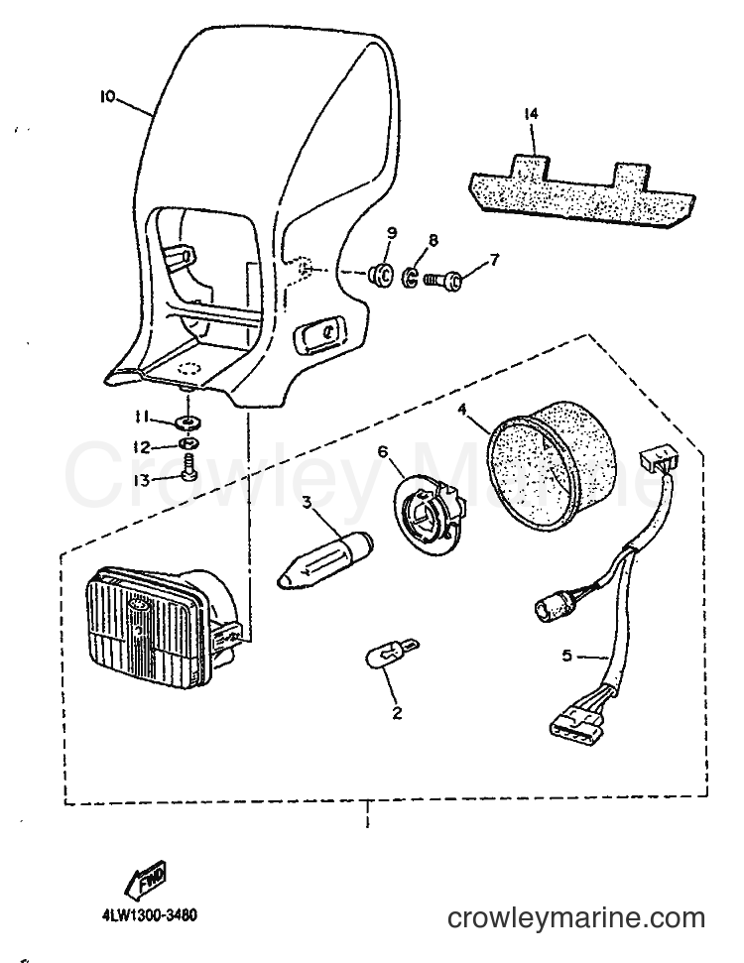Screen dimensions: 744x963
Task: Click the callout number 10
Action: click(x=107, y=96)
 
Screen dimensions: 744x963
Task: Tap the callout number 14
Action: click(x=532, y=114)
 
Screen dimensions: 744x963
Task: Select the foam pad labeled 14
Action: click(x=582, y=186)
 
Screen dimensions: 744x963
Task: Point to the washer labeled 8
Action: click(x=411, y=278)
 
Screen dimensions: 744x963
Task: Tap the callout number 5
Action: click(x=566, y=656)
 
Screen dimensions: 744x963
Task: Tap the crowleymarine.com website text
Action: click(x=575, y=918)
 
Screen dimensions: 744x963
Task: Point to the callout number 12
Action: click(x=142, y=446)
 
